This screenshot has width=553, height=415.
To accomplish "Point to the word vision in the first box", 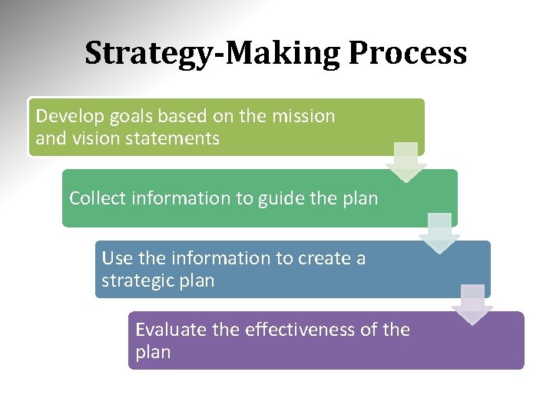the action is [x=94, y=139].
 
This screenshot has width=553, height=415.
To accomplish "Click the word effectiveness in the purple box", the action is [x=300, y=330].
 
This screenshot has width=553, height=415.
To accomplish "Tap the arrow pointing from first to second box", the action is [x=406, y=161].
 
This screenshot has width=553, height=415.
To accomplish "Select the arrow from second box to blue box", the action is [x=439, y=233].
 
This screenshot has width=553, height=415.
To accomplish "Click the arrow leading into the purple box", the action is [x=472, y=304].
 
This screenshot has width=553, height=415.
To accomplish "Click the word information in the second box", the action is [x=181, y=198].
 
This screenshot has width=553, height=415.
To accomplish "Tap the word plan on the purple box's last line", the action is [x=153, y=353].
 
